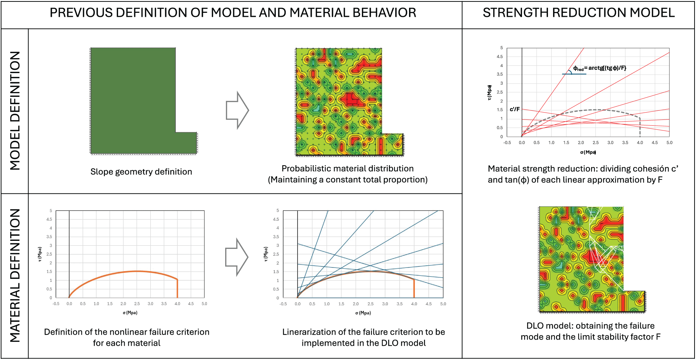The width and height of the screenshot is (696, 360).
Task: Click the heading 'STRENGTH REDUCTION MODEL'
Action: (x=578, y=13)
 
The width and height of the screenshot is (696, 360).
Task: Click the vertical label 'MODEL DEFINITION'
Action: (x=15, y=111)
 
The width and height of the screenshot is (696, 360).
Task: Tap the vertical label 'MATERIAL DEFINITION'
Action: (x=15, y=275)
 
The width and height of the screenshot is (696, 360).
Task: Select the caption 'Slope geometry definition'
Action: (x=141, y=172)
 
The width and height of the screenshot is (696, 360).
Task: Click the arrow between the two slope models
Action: (x=237, y=110)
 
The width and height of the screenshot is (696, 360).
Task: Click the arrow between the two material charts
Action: (x=237, y=257)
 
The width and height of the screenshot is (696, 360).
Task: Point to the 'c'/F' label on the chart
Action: (x=515, y=109)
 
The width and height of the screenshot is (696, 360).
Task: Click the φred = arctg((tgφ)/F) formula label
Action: (x=599, y=68)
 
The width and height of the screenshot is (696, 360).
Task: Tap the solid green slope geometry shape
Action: (x=133, y=101)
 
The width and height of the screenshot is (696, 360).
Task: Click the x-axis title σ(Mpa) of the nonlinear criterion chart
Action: (x=130, y=313)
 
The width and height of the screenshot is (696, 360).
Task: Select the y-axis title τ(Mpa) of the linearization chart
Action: (x=266, y=254)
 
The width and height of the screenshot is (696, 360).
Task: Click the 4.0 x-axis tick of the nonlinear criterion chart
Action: (x=177, y=304)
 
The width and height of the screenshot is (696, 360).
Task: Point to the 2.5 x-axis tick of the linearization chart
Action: (x=370, y=304)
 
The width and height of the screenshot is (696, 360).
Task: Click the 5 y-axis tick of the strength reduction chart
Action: (x=502, y=48)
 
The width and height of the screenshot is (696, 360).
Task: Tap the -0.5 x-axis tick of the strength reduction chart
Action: (x=507, y=143)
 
